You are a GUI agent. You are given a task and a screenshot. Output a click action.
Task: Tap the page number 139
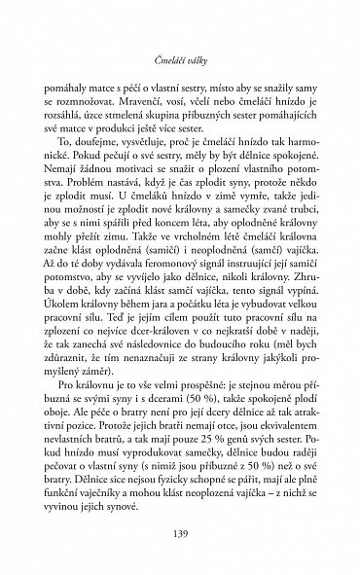click(181, 531)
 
